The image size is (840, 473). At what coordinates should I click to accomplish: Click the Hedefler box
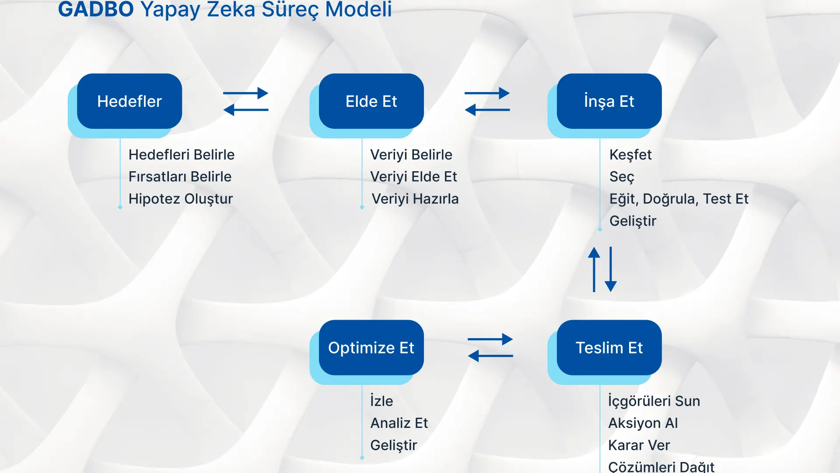pos(129,101)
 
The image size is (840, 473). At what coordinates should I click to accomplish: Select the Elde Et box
pos(371,101)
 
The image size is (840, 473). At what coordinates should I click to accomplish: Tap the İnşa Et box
pos(609,101)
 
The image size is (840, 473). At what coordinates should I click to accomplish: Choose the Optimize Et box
pos(371,347)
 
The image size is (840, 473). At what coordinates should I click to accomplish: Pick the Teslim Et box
pos(609,347)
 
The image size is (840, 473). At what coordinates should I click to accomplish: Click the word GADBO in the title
pos(96,9)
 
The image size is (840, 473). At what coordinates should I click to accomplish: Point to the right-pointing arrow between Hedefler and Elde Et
pos(246,93)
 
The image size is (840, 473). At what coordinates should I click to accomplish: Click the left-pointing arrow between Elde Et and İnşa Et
pos(487,109)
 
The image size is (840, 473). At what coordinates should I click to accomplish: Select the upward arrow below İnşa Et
pos(594,269)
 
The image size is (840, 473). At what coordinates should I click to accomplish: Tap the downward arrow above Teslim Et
pos(611,269)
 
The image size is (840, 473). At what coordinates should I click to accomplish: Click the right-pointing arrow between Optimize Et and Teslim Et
pos(490,339)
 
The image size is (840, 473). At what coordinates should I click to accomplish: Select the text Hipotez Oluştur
pos(181,199)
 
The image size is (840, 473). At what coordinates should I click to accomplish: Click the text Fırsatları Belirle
pos(180,176)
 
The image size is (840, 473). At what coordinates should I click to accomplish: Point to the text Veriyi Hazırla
pos(415,199)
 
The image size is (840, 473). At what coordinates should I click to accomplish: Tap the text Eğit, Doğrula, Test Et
pos(679,199)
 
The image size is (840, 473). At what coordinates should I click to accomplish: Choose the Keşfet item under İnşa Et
pos(630,155)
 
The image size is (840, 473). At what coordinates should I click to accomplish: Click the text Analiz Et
pos(399,423)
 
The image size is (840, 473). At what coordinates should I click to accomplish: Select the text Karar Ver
pos(639,445)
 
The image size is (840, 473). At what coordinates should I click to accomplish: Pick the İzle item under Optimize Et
pos(381,401)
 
